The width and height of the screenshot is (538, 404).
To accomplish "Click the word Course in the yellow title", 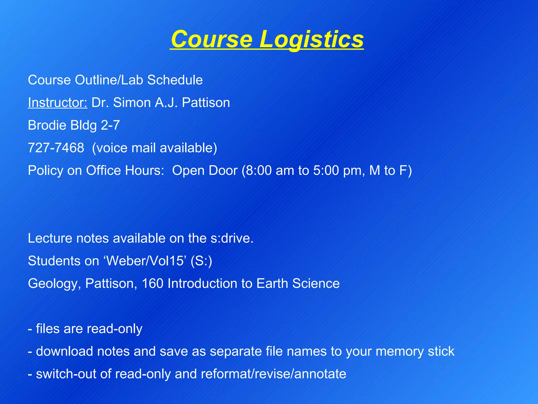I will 211,39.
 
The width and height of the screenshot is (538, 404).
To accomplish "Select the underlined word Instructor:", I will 58,103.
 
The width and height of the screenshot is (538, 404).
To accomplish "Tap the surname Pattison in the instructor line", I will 206,103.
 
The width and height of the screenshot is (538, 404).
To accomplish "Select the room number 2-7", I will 110,125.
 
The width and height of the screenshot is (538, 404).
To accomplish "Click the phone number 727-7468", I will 56,148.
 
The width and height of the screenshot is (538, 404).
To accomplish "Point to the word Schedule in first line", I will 175,80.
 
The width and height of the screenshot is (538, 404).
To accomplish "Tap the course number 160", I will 152,284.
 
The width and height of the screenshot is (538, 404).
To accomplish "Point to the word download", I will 64,351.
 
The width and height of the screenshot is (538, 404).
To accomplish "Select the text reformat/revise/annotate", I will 273,374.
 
